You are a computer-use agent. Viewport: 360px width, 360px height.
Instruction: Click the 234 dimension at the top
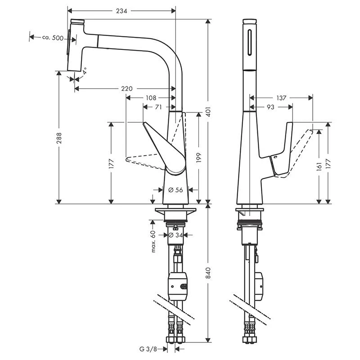coord(121,11)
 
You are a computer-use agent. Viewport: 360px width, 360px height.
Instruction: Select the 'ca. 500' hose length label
coord(52,38)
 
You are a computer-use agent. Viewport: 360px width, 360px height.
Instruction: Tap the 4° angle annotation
coord(84,70)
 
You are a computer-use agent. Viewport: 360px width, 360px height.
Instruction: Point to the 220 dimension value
coord(126,89)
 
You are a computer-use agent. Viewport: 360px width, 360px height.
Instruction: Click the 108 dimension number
coord(150,98)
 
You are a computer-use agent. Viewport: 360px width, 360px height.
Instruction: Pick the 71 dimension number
coord(158,107)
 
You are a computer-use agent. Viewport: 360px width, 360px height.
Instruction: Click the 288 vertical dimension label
coord(59,140)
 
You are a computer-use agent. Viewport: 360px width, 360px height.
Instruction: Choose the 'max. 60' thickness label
coord(153,241)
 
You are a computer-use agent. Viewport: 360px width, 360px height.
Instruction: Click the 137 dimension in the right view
coord(281,98)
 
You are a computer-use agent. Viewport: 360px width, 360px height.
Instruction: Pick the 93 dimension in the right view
coord(270,107)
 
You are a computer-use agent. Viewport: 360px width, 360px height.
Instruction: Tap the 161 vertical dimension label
coord(319,166)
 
